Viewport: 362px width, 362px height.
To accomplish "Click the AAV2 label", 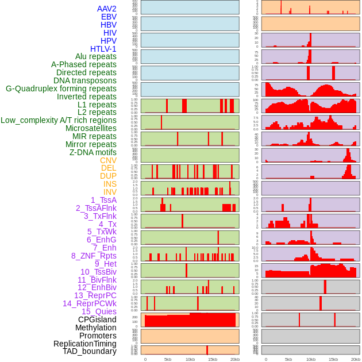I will (107, 9).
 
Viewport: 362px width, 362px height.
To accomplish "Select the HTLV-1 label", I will (103, 49).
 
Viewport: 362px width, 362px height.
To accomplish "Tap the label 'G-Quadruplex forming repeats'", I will (61, 88).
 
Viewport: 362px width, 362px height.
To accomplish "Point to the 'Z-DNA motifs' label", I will (93, 152).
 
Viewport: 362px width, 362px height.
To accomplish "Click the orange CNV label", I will (108, 160).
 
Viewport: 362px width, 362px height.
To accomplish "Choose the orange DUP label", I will (108, 176).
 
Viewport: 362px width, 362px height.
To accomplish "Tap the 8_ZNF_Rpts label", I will (94, 256).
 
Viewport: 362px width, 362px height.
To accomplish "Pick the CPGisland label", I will (97, 319).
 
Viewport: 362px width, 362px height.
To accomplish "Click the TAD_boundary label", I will (90, 351).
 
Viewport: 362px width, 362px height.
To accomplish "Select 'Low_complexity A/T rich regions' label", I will (59, 120).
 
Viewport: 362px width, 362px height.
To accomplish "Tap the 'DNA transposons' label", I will (85, 80).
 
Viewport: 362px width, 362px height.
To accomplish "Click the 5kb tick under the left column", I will (168, 359).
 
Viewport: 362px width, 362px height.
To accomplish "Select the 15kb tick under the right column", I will (333, 359).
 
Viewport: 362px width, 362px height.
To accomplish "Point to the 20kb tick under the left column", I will (235, 359).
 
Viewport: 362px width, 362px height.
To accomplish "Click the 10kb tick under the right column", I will (311, 359).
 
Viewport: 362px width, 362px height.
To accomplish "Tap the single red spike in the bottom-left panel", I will (207, 350).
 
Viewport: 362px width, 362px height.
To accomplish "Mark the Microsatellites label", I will (91, 128).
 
